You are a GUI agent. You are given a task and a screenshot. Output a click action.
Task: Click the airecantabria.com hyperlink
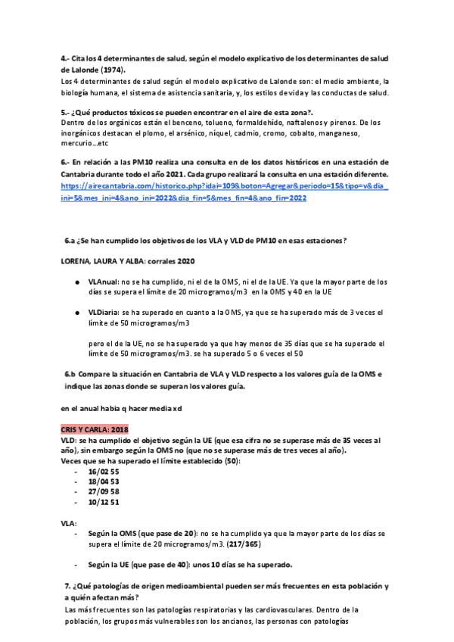coord(223,192)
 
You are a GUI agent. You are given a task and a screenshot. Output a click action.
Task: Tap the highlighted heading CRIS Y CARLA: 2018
coord(95,429)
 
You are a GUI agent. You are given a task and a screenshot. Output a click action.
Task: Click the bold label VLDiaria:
coord(106,312)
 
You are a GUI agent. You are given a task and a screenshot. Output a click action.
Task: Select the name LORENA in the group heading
coord(76,261)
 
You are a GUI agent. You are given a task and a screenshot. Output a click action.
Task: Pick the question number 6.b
coord(71,374)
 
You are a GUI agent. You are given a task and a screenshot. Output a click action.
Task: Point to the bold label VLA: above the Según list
coord(69,522)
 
